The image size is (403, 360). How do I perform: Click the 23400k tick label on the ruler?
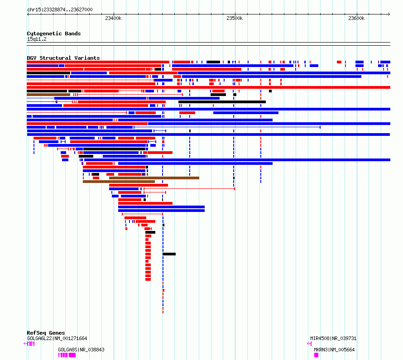pos(113,18)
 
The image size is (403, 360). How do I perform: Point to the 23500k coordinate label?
pos(235,18)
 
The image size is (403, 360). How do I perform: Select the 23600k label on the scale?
pos(356,18)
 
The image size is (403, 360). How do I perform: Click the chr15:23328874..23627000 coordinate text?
pos(60,10)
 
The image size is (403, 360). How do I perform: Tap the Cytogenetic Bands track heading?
pos(54,34)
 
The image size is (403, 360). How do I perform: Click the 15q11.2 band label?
pos(37,39)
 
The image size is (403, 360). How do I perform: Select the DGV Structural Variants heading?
pos(63,58)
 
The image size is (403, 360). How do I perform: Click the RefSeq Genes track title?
pos(46,333)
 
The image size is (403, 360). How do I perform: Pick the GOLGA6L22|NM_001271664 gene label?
pos(57,338)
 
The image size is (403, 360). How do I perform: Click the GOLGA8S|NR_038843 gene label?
pos(81,350)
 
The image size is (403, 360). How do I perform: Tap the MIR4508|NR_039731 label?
pos(333,338)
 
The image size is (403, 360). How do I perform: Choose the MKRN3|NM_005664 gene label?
pos(334,350)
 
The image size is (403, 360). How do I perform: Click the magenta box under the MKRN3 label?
pos(316,355)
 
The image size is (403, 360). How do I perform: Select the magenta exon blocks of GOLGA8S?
pos(67,355)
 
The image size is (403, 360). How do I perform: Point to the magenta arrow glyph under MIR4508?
pos(309,344)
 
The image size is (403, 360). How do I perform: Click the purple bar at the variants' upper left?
pos(43,66)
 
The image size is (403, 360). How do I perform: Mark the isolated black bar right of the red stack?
pos(169,254)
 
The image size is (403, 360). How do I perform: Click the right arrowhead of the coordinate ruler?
pos(389,14)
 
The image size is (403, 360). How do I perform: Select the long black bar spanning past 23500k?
pos(222,102)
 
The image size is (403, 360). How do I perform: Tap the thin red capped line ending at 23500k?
pos(189,189)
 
